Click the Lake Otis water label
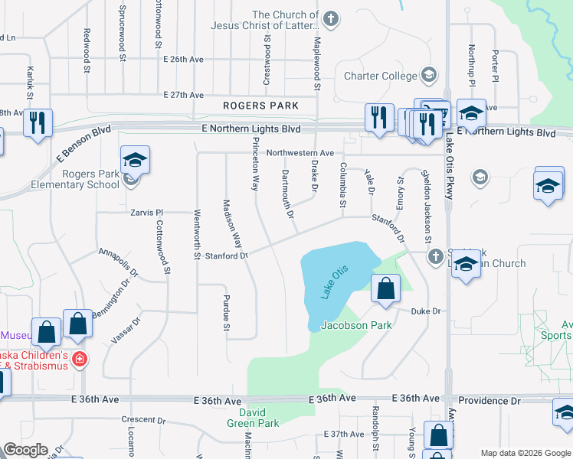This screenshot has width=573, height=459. click(x=330, y=282)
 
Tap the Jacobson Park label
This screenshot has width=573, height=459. click(x=356, y=325)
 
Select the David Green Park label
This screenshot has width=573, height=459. click(x=254, y=418)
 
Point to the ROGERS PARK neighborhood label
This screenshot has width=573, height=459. click(x=260, y=106)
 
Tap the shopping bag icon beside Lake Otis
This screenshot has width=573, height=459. click(x=385, y=291)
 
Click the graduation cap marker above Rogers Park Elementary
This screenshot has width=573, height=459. click(x=135, y=161)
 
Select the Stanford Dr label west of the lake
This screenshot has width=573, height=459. click(x=226, y=256)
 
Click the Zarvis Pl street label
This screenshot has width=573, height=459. click(x=148, y=212)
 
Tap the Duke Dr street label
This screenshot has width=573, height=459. click(x=426, y=311)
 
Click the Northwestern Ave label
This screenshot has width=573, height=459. click(x=300, y=153)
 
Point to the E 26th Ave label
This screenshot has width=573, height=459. click(x=183, y=59)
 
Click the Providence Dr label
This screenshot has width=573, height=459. click(x=489, y=401)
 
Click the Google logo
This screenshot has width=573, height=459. click(x=25, y=450)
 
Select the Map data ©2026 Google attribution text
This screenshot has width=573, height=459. click(x=525, y=453)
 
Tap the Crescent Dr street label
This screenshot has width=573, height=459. click(x=143, y=420)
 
